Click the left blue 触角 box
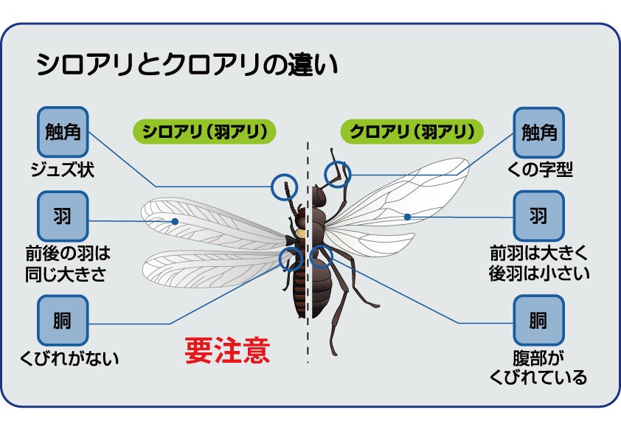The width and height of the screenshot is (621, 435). (63, 133)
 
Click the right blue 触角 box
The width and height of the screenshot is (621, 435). (538, 133)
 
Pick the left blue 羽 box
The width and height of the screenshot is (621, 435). (63, 216)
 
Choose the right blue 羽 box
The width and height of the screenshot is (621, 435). (538, 216)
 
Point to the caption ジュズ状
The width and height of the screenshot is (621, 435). (63, 171)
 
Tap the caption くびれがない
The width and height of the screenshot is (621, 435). (70, 359)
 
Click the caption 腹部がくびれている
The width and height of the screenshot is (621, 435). (538, 368)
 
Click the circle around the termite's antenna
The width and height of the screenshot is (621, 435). (283, 187)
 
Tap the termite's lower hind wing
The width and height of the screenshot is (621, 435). (214, 268)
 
